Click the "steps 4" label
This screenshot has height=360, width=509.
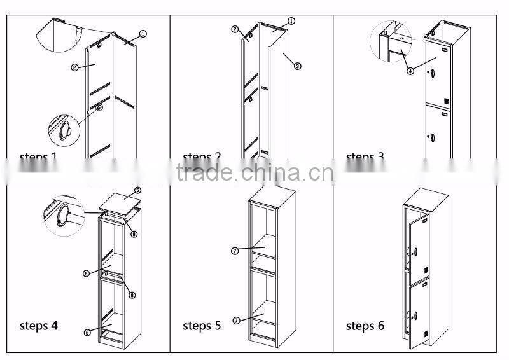(39, 326)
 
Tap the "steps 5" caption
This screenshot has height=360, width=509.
(202, 326)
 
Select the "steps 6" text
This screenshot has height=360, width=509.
(365, 326)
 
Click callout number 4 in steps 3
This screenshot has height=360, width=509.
(410, 71)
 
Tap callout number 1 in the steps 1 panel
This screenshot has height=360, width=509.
(143, 33)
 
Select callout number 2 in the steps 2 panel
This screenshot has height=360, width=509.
(234, 30)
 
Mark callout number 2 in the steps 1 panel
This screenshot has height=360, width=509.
(75, 66)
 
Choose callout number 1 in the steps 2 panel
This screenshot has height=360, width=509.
(291, 21)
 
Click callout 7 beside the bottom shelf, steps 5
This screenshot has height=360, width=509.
(235, 321)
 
